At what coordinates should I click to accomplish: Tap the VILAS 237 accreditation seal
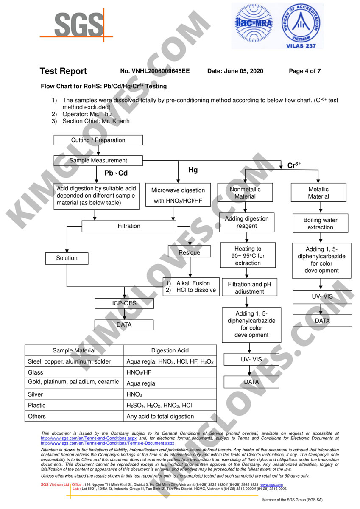301,26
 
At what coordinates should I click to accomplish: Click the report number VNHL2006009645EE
155,71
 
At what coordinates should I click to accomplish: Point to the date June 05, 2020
235,71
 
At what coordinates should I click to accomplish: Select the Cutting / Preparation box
98,140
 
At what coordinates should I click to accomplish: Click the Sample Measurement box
98,161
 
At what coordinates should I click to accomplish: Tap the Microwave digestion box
178,195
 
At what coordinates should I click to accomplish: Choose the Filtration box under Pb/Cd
128,226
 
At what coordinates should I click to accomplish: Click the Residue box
190,252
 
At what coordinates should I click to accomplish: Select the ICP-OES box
124,303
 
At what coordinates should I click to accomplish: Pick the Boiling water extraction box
321,224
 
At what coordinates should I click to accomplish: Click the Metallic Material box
318,193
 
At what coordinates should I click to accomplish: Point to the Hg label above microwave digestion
193,170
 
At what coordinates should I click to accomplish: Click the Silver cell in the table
74,394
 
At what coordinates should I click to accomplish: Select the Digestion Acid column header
170,350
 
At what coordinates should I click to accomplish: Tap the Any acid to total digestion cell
160,416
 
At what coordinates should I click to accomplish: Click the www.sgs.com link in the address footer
271,484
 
